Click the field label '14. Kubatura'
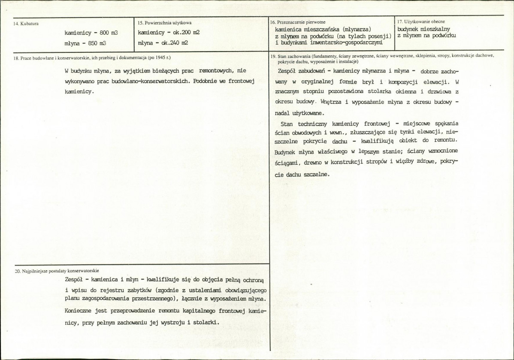(x=27, y=24)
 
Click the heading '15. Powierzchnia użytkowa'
(x=165, y=22)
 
